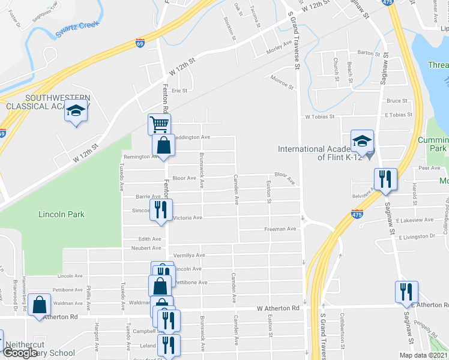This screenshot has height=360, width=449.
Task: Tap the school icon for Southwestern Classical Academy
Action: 76,112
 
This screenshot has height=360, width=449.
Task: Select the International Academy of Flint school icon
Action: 362,142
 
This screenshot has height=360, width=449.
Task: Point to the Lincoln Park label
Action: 61,214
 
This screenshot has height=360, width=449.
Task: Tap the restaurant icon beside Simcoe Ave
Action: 161,210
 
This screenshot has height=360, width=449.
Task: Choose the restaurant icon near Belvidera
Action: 385,179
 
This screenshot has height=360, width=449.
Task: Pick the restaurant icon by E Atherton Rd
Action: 406,292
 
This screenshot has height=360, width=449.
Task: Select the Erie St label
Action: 180,91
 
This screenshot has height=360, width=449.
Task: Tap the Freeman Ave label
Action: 282,229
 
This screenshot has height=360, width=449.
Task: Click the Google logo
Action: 20,353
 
